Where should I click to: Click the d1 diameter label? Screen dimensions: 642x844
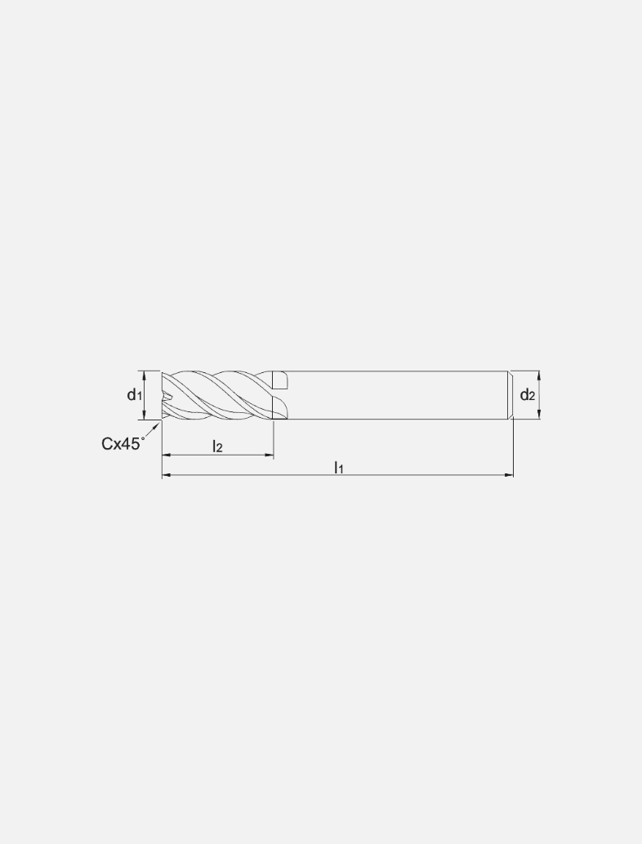pos(134,395)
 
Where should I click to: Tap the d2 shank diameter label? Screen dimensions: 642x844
pos(528,395)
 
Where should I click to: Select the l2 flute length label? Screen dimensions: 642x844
pos(217,446)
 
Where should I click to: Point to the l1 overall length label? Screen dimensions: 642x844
pos(338,467)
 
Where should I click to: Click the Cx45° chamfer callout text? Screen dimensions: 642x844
pos(123,443)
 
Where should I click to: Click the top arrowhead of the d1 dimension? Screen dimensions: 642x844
pos(144,375)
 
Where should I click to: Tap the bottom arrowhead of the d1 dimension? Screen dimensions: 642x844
pos(144,415)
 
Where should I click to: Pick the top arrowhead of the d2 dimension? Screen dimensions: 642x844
pos(539,375)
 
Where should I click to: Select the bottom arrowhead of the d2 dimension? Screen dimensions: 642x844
pos(539,415)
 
